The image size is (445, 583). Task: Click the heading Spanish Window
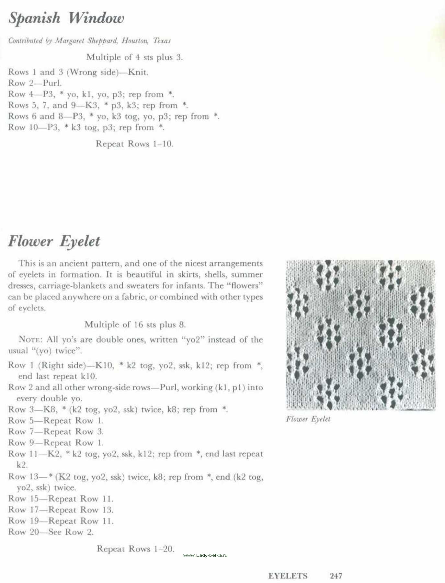66,18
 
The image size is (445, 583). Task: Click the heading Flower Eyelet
54,242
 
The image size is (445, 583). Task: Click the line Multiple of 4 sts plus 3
134,57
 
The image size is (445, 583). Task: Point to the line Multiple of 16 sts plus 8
135,325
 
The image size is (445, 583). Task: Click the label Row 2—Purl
35,83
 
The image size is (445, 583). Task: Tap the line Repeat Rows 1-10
134,144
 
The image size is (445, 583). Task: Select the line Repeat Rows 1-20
135,549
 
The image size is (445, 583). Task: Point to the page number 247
336,576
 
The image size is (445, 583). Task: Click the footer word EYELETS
288,576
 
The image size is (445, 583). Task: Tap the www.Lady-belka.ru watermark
205,555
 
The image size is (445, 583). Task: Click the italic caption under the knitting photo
308,419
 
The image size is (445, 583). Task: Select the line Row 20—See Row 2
51,532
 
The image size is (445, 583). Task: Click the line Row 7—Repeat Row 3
56,432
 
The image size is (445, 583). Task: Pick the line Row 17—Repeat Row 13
61,510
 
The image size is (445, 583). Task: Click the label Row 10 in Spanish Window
23,127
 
